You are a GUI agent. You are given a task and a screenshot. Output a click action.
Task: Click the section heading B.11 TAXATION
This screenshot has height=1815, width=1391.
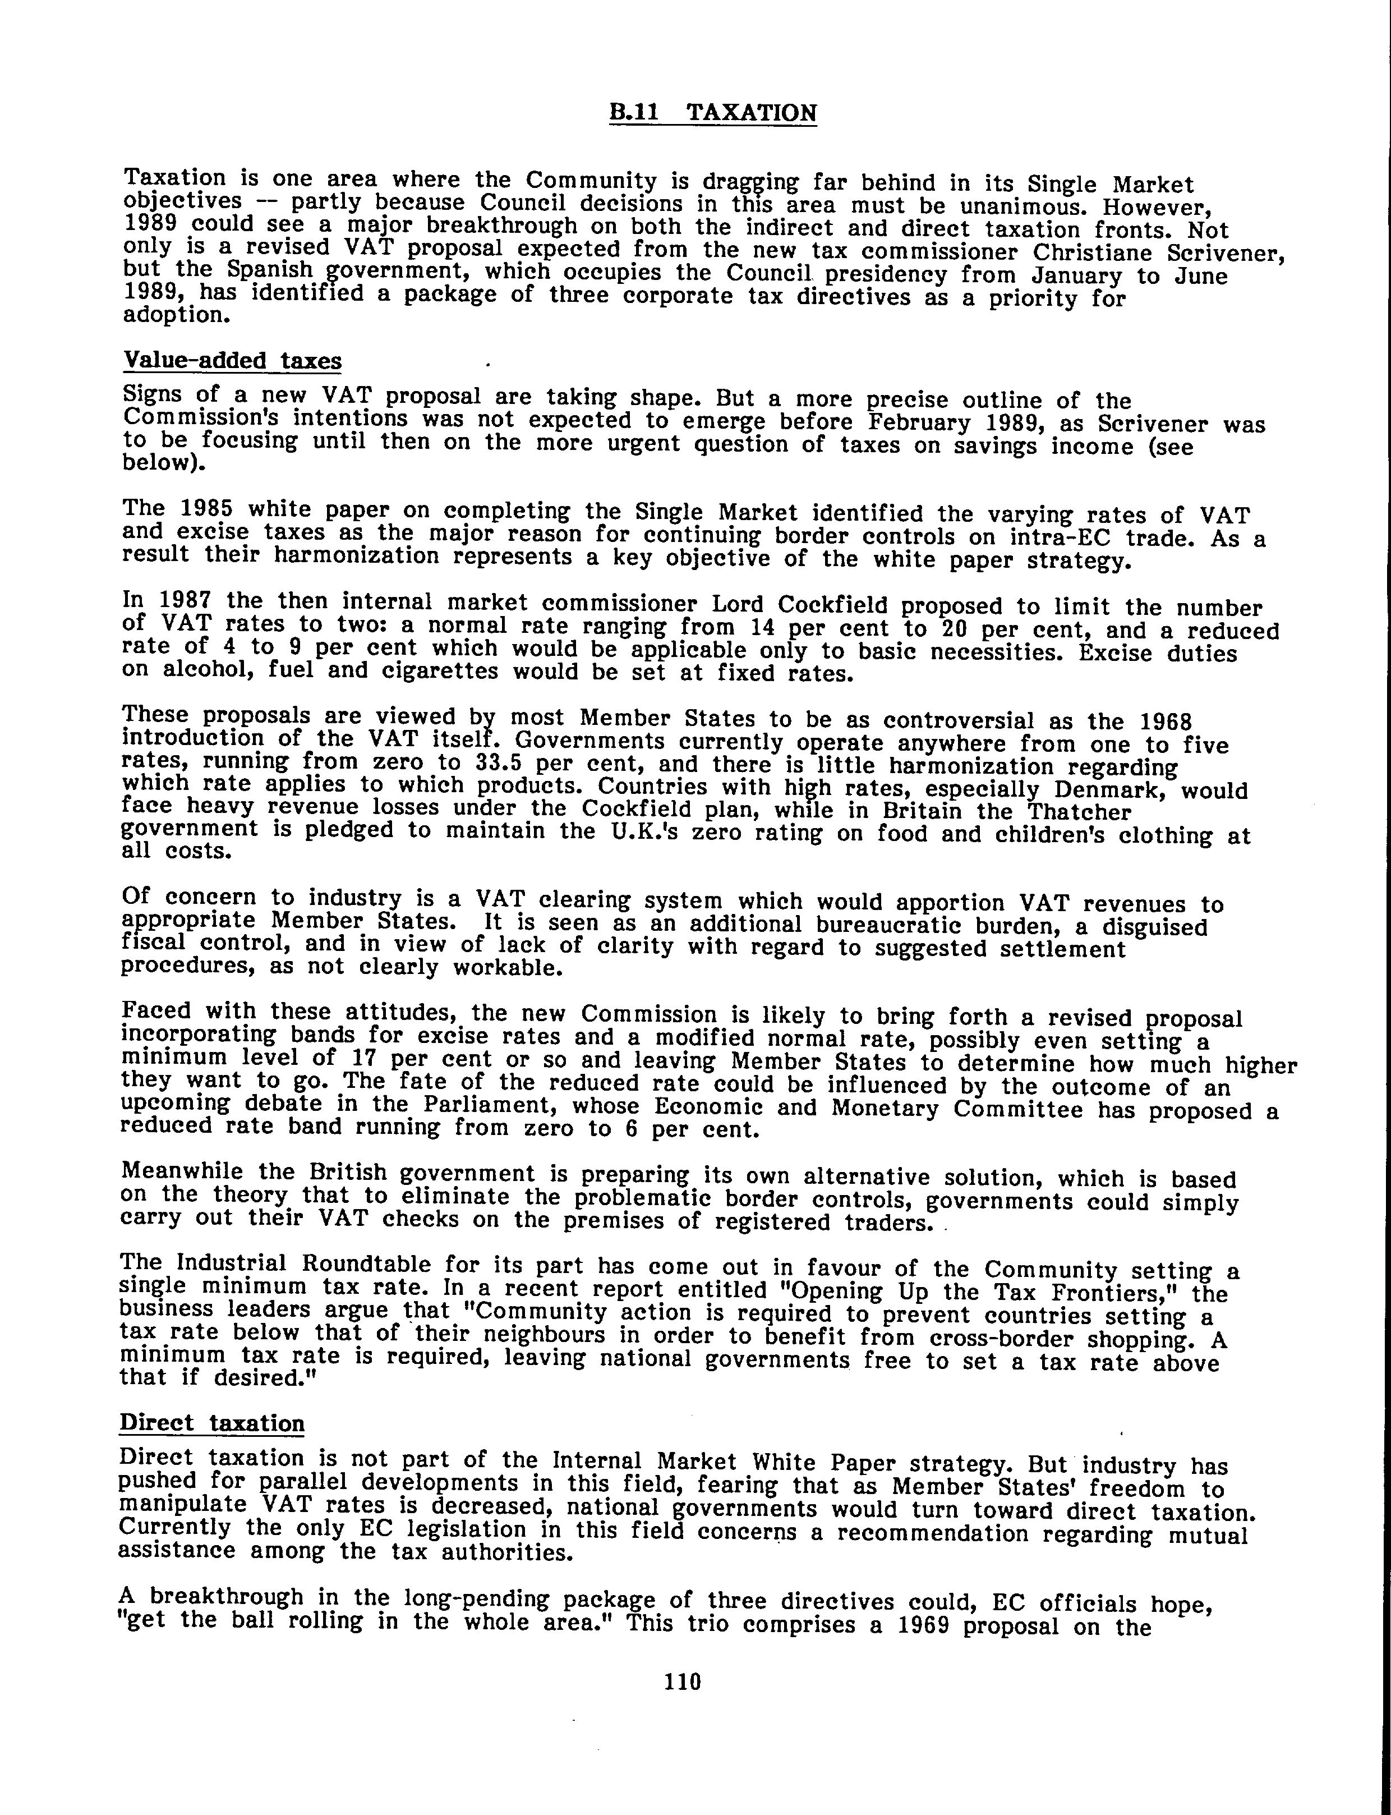[713, 113]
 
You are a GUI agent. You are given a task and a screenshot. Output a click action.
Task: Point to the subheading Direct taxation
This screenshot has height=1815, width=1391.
[212, 1423]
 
